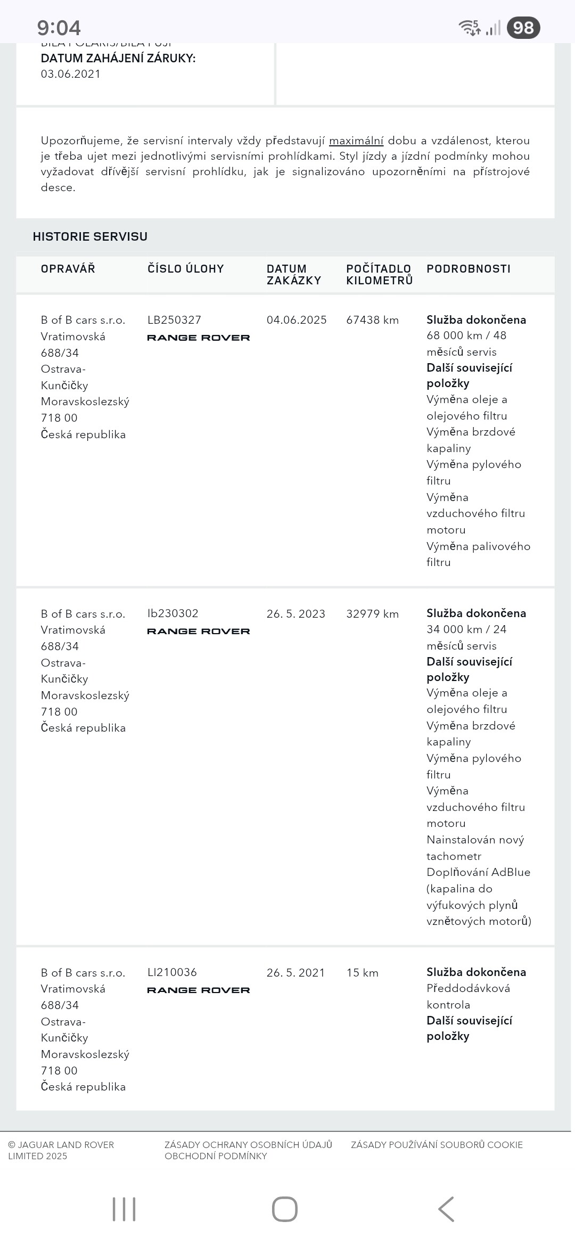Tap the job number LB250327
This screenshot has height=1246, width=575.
pyautogui.click(x=174, y=320)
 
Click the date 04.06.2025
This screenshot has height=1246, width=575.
pyautogui.click(x=297, y=320)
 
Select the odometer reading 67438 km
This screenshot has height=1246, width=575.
pyautogui.click(x=372, y=320)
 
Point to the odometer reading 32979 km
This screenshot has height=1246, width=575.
pyautogui.click(x=372, y=614)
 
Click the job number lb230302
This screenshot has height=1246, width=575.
pyautogui.click(x=172, y=613)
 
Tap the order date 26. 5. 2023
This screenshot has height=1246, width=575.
pyautogui.click(x=295, y=614)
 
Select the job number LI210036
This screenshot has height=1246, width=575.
pyautogui.click(x=172, y=972)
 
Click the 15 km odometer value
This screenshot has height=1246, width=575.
pyautogui.click(x=362, y=973)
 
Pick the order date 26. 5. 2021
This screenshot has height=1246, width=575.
pyautogui.click(x=295, y=973)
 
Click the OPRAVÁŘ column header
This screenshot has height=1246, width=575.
pyautogui.click(x=68, y=269)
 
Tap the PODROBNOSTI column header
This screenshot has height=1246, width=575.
pyautogui.click(x=468, y=269)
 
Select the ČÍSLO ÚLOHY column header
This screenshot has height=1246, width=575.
pyautogui.click(x=185, y=269)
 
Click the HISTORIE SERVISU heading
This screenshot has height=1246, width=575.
pyautogui.click(x=90, y=236)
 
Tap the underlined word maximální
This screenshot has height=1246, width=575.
pyautogui.click(x=356, y=141)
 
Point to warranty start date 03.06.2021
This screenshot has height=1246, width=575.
pyautogui.click(x=71, y=74)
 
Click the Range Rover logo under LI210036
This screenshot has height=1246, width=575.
pyautogui.click(x=198, y=990)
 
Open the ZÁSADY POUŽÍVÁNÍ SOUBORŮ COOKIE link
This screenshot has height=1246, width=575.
pyautogui.click(x=437, y=1145)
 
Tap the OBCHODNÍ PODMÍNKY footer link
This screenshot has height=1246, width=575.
pyautogui.click(x=216, y=1156)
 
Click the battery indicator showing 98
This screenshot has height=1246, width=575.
pyautogui.click(x=523, y=28)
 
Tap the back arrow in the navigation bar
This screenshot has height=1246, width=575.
pyautogui.click(x=446, y=1209)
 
